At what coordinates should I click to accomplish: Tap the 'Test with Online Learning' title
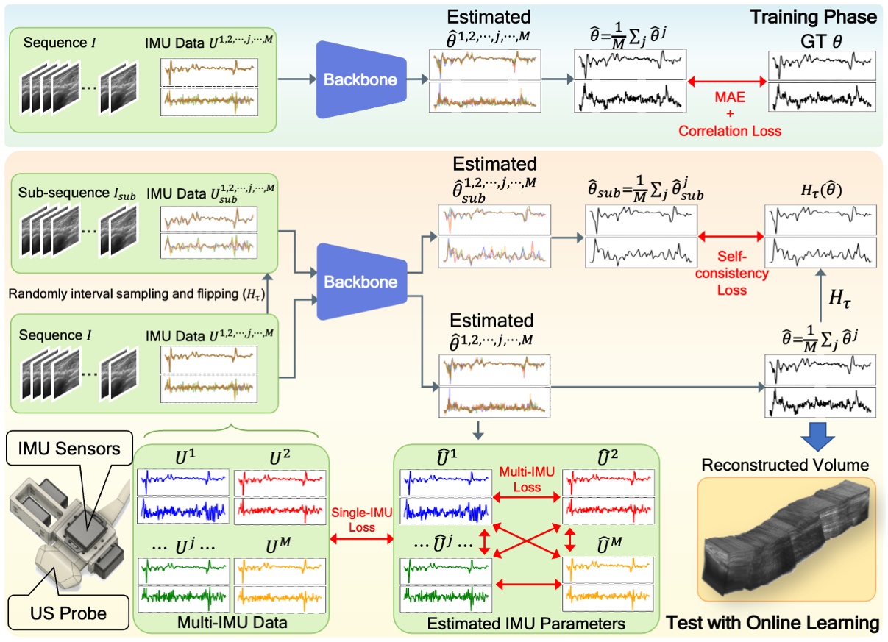pyautogui.click(x=772, y=624)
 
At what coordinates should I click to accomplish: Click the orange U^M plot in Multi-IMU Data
pyautogui.click(x=280, y=581)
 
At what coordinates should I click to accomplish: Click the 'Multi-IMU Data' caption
pyautogui.click(x=232, y=623)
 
